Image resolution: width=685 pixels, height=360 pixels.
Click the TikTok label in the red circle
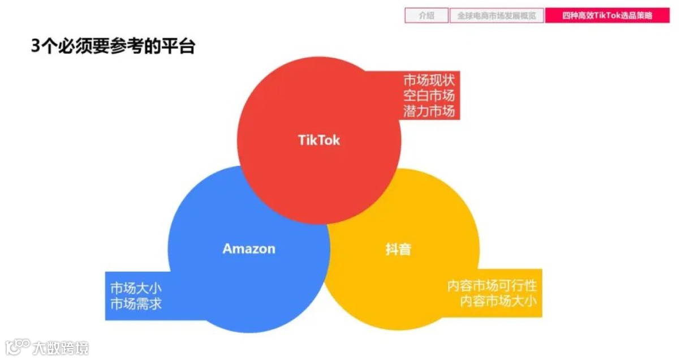pos(319,140)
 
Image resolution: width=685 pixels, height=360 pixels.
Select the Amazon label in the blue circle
pos(249,249)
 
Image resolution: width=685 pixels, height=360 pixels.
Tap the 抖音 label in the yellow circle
pos(398,249)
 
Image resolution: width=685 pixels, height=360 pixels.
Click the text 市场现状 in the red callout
pos(429,79)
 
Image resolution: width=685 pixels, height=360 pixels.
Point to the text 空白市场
pos(429,95)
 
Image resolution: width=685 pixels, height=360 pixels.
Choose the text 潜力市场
pos(429,111)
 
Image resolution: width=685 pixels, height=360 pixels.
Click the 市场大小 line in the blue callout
pos(136,288)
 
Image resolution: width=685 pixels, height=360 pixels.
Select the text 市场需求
pos(136,304)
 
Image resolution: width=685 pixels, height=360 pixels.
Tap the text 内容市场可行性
pos(492,285)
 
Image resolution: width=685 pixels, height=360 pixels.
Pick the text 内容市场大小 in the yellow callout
pos(498,301)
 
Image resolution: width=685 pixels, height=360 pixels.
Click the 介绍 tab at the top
pos(426,16)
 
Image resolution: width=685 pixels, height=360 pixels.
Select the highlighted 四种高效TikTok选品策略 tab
pos(607,16)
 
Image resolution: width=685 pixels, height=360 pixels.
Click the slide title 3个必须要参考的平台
pos(113,46)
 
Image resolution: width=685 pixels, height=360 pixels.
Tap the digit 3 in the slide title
pos(36,46)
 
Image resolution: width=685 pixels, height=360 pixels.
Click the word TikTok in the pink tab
pos(606,16)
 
